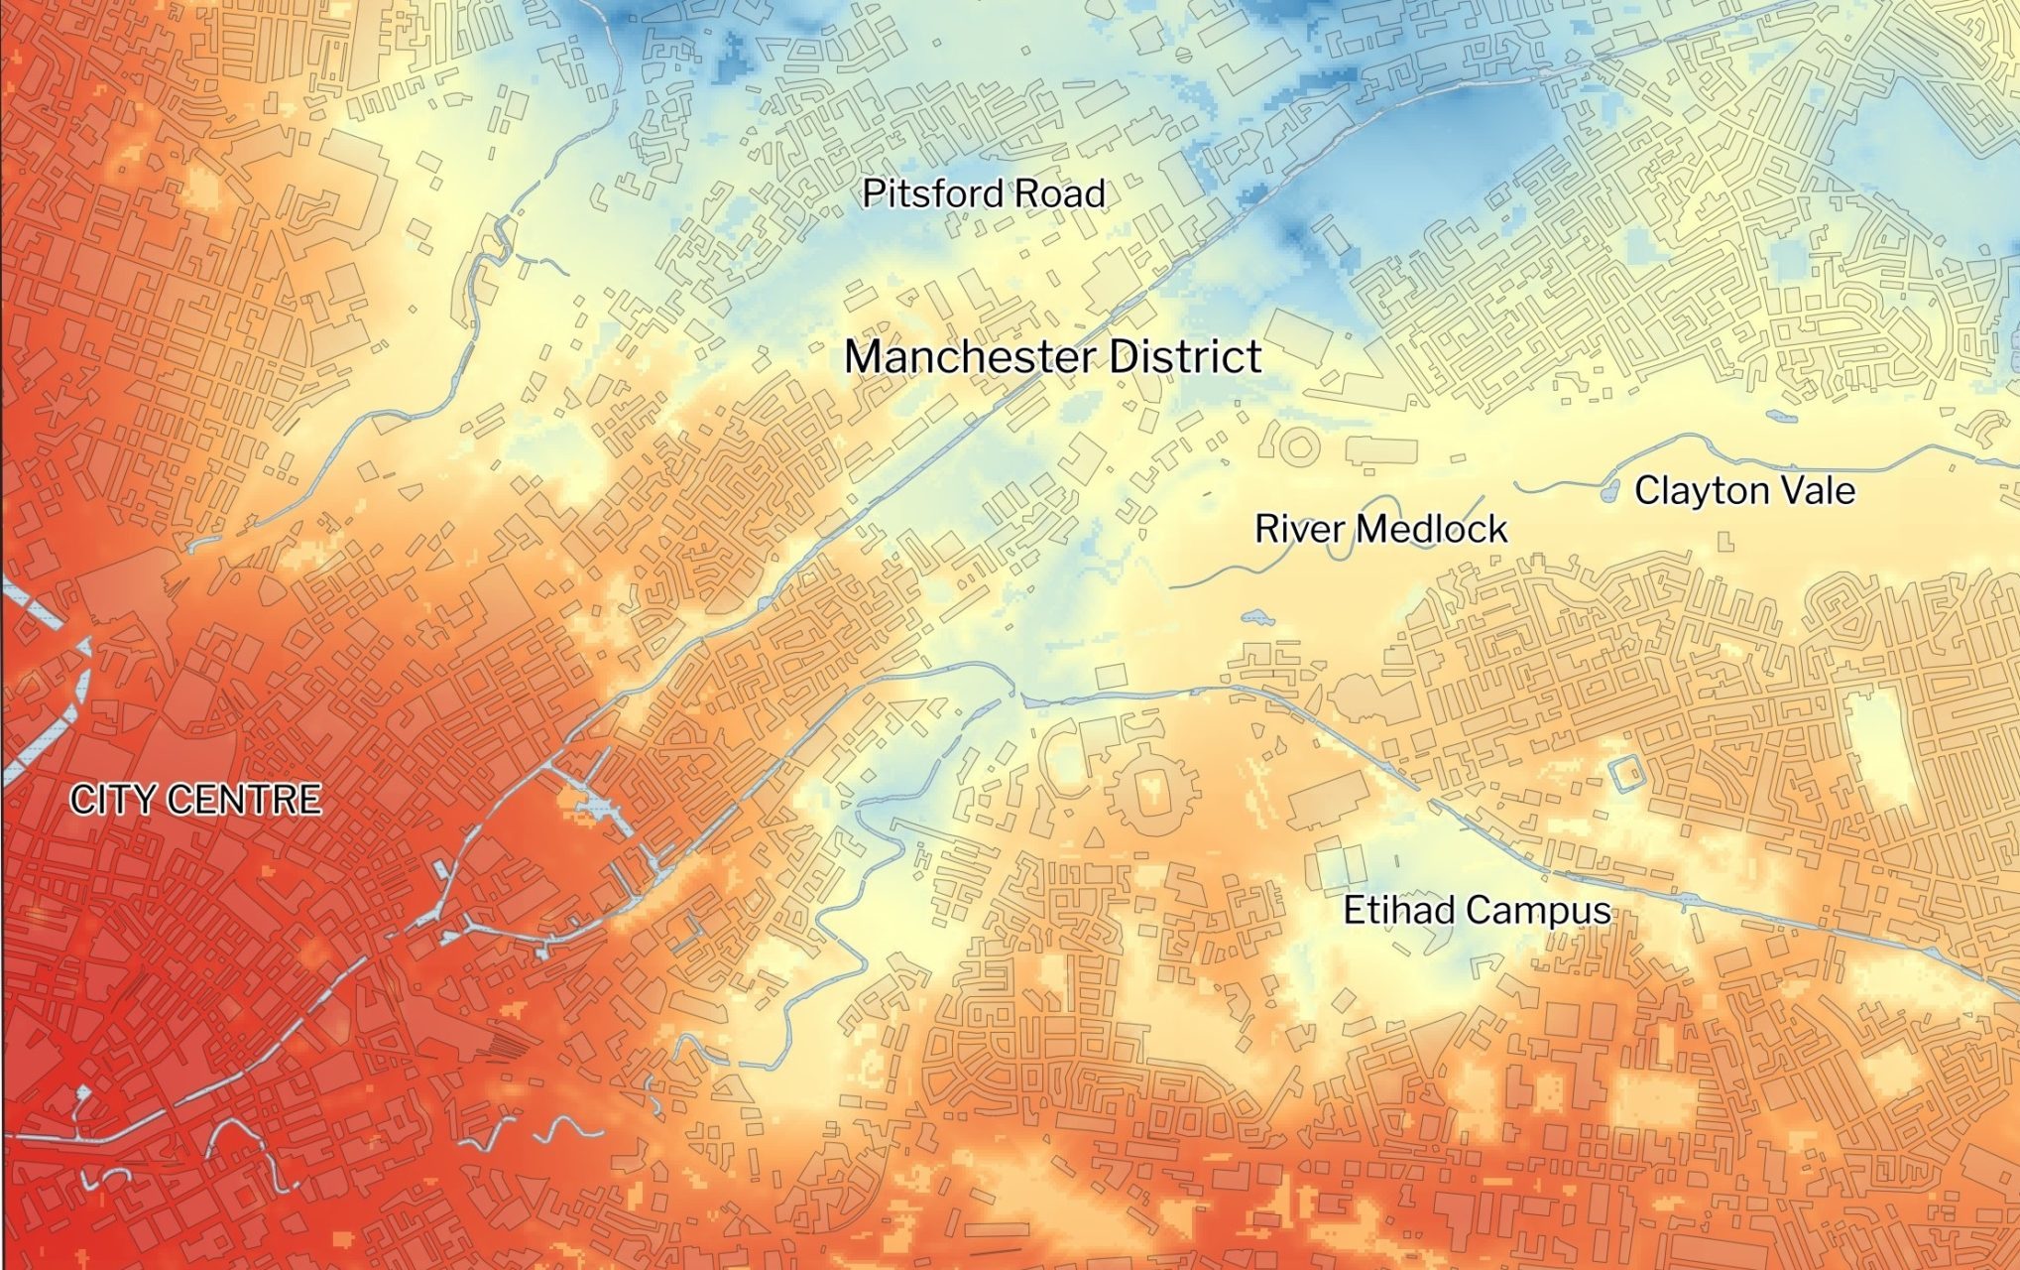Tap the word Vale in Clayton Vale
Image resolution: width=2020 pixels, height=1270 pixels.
(1816, 490)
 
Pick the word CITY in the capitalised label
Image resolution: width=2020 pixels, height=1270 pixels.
(109, 800)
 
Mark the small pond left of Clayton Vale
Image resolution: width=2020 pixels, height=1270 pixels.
(1610, 490)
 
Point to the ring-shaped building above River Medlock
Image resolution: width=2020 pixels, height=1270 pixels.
(1298, 447)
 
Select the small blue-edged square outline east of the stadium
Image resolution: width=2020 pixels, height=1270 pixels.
(1625, 774)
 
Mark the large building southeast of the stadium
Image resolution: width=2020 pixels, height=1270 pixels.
(1330, 803)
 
